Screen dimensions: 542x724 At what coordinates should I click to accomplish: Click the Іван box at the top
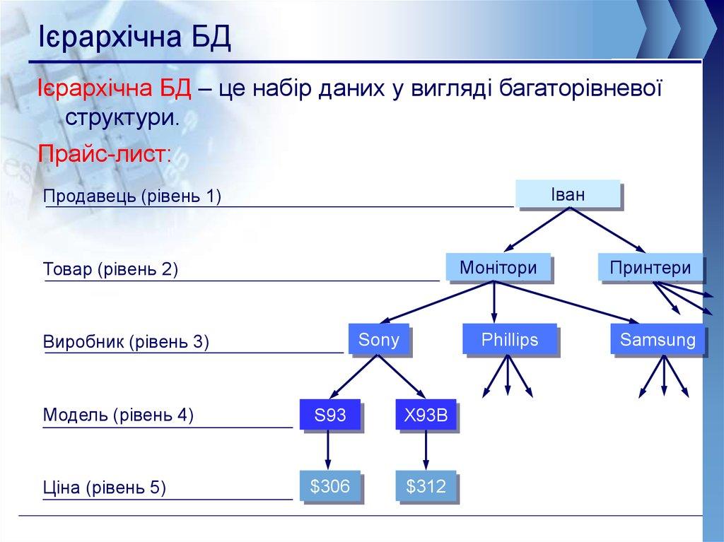[x=568, y=194]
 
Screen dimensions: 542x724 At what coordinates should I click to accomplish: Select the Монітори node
[x=498, y=268]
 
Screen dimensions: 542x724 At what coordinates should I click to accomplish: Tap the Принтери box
[x=650, y=268]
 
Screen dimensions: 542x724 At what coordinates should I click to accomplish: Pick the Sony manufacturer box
[x=379, y=339]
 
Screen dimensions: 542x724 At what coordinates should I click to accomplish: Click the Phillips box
[x=509, y=340]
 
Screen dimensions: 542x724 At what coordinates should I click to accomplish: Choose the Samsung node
[x=658, y=340]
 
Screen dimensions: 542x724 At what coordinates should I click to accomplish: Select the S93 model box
[x=329, y=415]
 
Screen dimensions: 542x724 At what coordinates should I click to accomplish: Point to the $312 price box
[x=426, y=487]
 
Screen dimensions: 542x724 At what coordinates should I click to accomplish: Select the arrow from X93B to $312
[x=426, y=450]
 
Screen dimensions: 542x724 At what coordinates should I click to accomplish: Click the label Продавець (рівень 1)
[x=132, y=196]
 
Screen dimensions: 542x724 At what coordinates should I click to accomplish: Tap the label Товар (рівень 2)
[x=110, y=269]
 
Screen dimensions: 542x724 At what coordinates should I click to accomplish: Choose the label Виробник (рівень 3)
[x=126, y=342]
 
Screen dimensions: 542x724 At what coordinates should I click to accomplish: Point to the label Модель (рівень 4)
[x=118, y=415]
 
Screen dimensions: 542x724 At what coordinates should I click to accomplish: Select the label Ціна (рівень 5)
[x=104, y=487]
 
